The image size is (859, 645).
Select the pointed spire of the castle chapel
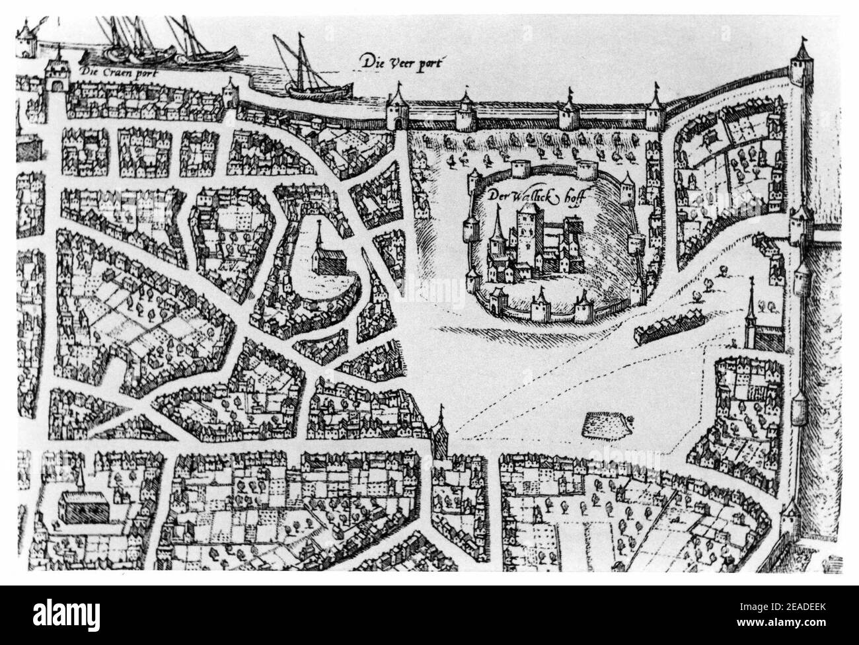[496, 225]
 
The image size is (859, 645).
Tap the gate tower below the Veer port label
[398, 109]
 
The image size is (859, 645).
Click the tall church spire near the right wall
[752, 311]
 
